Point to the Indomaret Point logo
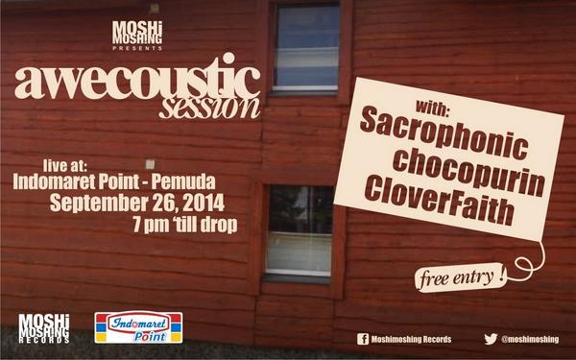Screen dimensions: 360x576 click(137, 328)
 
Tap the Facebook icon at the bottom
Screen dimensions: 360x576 click(363, 339)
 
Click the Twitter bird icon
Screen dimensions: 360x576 click(491, 339)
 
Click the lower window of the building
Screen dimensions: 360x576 click(298, 230)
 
